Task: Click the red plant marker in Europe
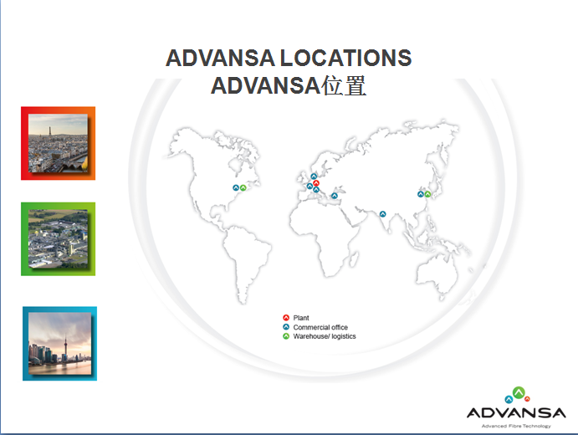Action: click(316, 183)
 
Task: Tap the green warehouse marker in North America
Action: click(243, 188)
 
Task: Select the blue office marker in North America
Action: click(236, 188)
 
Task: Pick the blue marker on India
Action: click(382, 214)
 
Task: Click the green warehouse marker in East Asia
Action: click(427, 194)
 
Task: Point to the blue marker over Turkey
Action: click(335, 196)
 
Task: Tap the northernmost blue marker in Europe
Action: click(314, 177)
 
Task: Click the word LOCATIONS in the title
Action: click(345, 59)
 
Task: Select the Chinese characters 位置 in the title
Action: click(344, 85)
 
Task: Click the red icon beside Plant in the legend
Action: click(286, 318)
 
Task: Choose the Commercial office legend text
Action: click(320, 327)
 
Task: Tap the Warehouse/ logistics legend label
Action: click(325, 336)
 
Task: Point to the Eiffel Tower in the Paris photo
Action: click(49, 132)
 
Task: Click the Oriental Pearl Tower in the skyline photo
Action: click(65, 346)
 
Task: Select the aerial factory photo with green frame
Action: click(59, 239)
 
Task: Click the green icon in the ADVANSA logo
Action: click(519, 392)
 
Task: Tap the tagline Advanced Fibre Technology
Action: click(516, 426)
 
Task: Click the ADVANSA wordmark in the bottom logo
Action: click(516, 413)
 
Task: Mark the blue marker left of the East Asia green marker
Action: click(421, 194)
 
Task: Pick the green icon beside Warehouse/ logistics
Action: click(286, 336)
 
